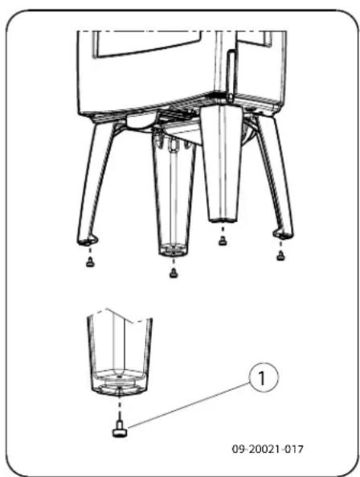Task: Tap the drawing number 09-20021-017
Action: click(268, 448)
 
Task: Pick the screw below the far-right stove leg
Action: click(280, 257)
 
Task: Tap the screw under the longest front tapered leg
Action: click(173, 273)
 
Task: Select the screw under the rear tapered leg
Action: click(222, 240)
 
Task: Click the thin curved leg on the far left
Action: click(95, 185)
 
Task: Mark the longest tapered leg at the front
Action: click(173, 201)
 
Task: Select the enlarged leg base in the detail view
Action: click(119, 354)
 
